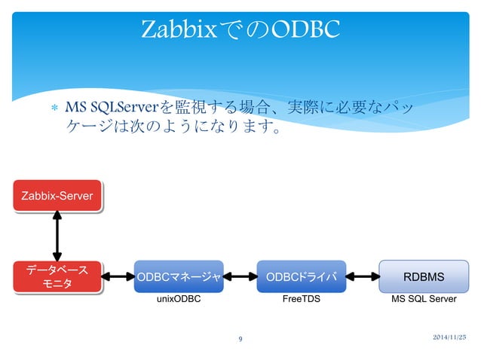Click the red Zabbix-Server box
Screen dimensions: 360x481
point(57,196)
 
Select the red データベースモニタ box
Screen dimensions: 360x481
point(57,276)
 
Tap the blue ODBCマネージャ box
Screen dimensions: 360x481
point(179,276)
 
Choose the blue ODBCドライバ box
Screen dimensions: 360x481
point(301,276)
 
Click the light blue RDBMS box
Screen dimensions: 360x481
point(423,276)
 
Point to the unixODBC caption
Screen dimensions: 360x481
point(178,300)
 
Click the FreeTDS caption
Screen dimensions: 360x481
point(300,300)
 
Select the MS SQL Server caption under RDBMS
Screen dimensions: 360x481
point(423,300)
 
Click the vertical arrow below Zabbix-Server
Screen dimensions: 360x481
point(57,235)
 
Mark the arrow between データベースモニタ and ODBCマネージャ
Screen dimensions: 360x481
point(118,276)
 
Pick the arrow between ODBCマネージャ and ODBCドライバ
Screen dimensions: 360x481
point(240,276)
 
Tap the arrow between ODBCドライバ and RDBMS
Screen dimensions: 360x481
point(362,276)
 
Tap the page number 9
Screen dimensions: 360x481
point(240,340)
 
